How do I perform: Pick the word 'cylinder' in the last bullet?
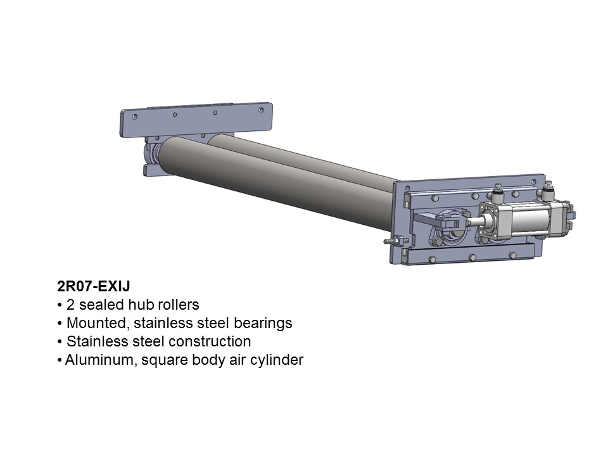(279, 360)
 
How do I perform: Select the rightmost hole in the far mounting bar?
(261, 110)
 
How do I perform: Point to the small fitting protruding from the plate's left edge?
(393, 241)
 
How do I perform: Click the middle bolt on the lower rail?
(472, 256)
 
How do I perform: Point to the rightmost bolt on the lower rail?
(512, 255)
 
